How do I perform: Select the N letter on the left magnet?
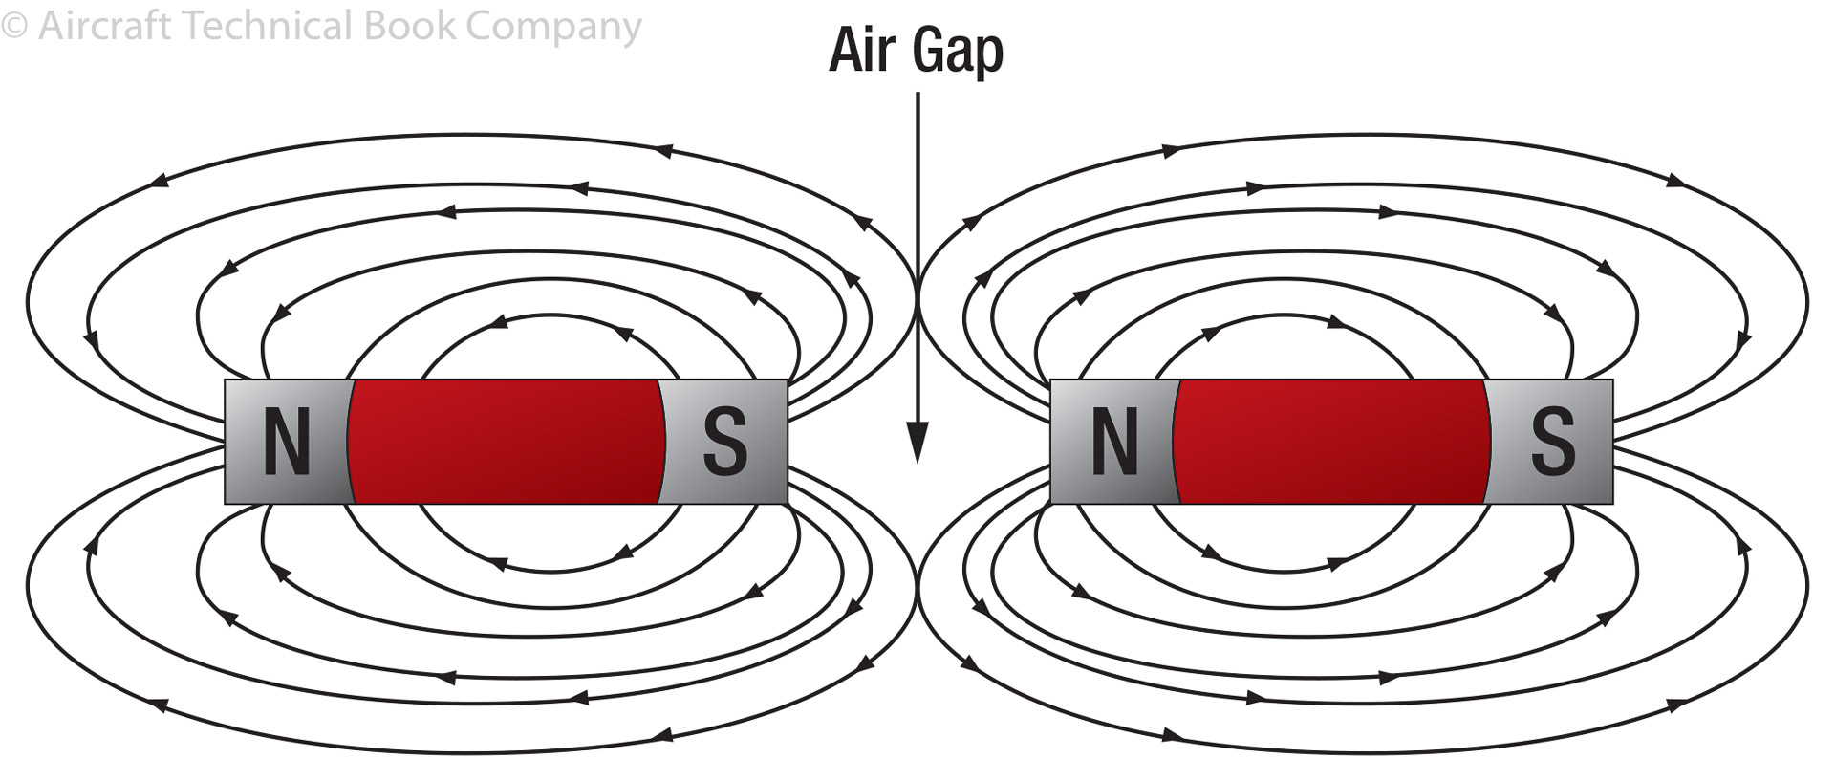287,442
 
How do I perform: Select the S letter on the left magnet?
725,442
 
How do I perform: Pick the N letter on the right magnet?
1114,442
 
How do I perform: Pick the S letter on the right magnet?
1553,442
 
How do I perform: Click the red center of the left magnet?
507,442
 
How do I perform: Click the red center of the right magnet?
1331,442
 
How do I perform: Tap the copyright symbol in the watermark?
14,26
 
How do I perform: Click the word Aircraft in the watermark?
104,26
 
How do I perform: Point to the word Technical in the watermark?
267,26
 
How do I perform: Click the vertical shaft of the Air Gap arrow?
917,239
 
